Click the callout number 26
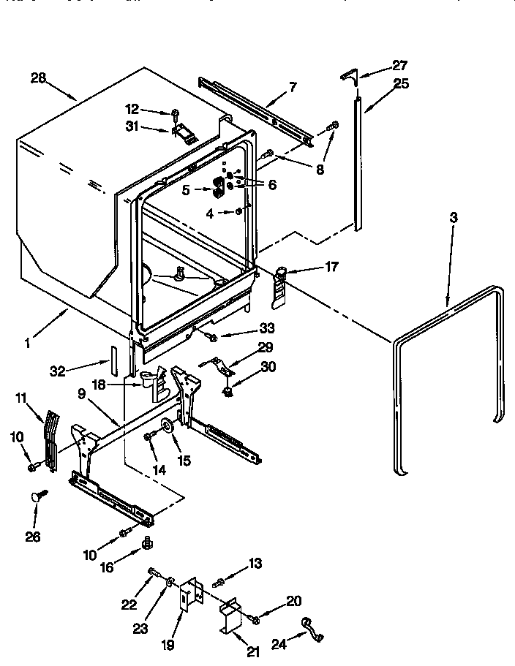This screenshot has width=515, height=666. (x=33, y=536)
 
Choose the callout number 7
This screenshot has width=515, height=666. (x=292, y=87)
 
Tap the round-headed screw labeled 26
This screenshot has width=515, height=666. (x=37, y=497)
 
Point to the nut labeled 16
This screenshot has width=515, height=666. (x=146, y=543)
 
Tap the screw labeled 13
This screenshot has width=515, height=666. (x=219, y=583)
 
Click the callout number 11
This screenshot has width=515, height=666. (x=22, y=398)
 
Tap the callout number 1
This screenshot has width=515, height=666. (x=27, y=341)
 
